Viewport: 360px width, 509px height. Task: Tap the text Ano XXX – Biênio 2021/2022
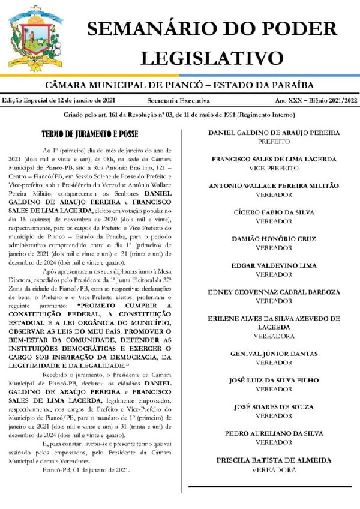316,101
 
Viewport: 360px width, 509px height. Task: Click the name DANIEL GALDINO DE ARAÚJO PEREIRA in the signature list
274,133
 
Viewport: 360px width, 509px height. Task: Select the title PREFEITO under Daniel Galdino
274,142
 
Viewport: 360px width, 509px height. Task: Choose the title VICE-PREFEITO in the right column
274,169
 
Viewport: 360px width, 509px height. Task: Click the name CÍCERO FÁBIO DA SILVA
274,212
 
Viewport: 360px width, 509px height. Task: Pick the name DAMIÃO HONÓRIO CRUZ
274,239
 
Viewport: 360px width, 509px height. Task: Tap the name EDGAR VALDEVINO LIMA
274,265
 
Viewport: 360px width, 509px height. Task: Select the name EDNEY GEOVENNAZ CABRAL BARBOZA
274,292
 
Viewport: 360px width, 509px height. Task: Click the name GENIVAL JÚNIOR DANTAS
274,354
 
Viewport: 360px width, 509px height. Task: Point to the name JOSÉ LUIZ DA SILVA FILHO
274,380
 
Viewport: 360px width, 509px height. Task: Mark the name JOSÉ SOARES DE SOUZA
274,406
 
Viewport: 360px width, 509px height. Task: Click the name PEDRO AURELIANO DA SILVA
274,433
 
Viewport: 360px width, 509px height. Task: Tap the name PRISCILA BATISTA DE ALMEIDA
274,460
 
